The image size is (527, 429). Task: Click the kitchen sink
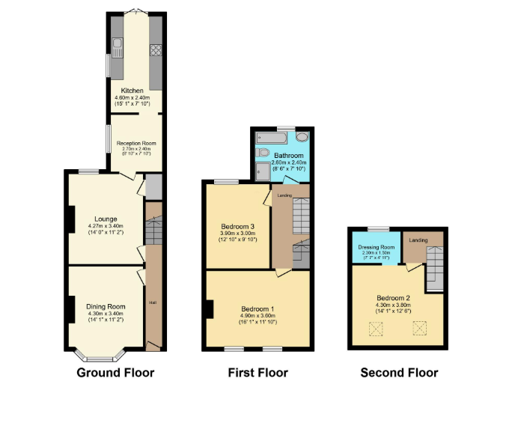(117, 49)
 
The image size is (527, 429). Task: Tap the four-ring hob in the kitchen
(156, 50)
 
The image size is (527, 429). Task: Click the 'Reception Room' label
(135, 142)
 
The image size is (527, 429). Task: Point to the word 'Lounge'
(105, 219)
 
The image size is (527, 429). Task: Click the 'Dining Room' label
(105, 306)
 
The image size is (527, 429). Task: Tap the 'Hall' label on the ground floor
(153, 302)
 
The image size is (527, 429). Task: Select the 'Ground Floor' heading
(115, 372)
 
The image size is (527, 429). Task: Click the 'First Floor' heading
(258, 372)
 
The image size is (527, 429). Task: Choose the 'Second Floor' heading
(399, 372)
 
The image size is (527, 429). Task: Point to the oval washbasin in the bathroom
(302, 138)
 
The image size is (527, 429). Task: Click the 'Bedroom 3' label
(237, 227)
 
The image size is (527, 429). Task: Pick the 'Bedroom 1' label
(258, 309)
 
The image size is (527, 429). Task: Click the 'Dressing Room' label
(377, 247)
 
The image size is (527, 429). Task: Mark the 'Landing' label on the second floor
(418, 240)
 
